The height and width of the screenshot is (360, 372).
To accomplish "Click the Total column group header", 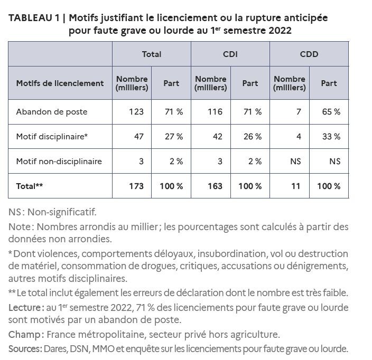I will click(152, 54).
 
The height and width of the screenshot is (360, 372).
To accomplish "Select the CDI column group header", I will click(230, 54).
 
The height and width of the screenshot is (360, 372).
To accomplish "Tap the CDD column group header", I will click(309, 54).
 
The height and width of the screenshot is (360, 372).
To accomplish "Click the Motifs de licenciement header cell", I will click(60, 83).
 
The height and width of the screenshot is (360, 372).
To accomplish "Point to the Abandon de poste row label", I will click(52, 112).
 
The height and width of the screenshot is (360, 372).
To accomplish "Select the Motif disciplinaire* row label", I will click(52, 137).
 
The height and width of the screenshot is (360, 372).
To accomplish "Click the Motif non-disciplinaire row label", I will click(59, 162).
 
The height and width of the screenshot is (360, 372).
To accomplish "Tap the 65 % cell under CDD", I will click(331, 112).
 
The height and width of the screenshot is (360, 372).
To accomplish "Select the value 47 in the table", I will click(139, 137).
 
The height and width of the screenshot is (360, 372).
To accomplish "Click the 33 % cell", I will click(331, 137).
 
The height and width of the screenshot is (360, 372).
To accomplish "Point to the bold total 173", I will click(136, 186).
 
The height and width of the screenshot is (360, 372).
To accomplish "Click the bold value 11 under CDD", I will click(296, 186).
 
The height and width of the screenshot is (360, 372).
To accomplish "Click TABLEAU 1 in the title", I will click(33, 18).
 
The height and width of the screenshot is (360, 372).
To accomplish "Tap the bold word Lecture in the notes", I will click(23, 307).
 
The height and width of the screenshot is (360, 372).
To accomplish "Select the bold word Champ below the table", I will click(23, 334).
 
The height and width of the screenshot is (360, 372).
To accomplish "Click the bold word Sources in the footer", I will click(24, 348).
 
